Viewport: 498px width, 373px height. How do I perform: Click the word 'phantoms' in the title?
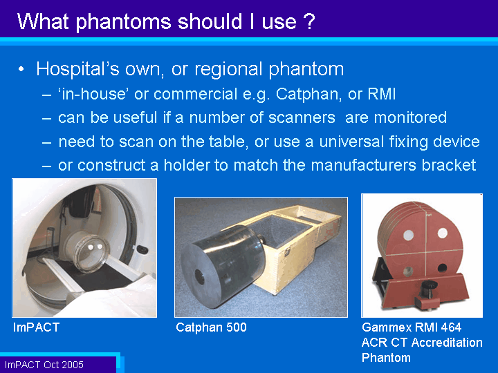click(124, 22)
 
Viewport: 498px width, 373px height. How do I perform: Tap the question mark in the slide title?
click(308, 21)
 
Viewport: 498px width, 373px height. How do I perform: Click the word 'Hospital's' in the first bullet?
click(77, 69)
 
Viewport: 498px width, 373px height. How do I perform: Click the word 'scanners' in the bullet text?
click(302, 117)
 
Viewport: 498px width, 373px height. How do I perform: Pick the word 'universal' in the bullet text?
click(351, 142)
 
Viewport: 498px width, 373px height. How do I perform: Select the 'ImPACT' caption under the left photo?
click(36, 327)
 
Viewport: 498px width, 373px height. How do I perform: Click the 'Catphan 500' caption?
click(211, 327)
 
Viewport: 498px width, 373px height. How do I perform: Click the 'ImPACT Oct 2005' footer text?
click(44, 365)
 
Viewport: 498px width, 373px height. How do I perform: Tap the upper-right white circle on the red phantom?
click(442, 233)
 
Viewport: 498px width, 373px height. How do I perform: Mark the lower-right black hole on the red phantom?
click(442, 268)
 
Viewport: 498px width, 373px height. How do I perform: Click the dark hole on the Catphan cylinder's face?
click(200, 276)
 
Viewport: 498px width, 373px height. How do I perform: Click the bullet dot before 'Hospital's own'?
click(21, 69)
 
